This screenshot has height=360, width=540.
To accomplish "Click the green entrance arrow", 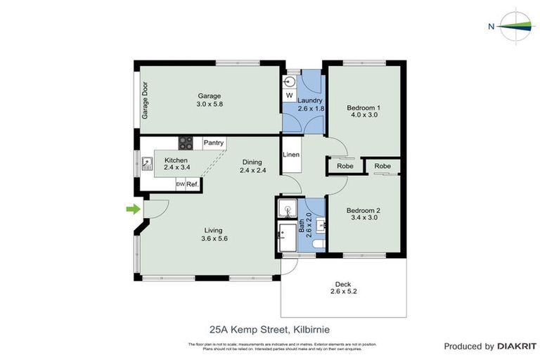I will pos(131,208).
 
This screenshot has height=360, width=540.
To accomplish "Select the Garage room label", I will pos(209,96).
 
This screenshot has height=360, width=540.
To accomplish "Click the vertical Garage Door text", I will pos(146,103).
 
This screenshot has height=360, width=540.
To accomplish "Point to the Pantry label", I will pos(214,143).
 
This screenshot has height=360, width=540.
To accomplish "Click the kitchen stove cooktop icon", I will pos(186,143).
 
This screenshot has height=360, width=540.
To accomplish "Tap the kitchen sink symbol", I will pos(147,166).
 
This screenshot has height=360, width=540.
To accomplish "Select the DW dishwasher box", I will pos(180,184).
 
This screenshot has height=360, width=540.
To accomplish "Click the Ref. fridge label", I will pos(192,184).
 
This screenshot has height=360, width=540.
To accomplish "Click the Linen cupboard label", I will pos(291,155).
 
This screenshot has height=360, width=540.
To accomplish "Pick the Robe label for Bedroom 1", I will pos(345,167).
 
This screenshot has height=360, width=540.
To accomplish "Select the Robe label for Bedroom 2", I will pos(382,166).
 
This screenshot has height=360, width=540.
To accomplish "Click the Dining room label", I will pos(253,161).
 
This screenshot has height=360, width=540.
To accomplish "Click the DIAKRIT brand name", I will pos(517,346).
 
